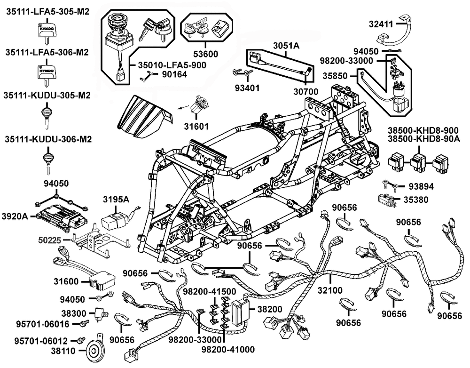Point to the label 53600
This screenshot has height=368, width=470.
pos(205,54)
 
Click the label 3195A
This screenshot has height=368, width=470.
pos(116,200)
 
